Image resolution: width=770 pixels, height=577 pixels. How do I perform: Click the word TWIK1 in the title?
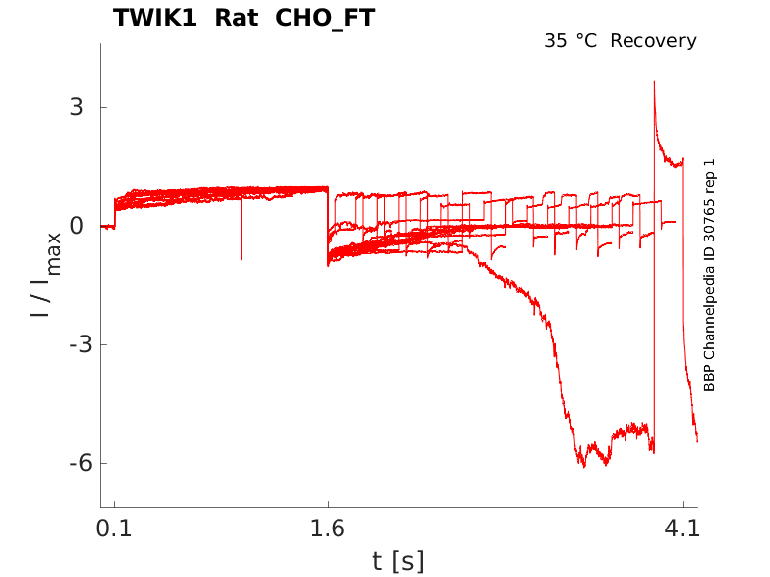[153, 18]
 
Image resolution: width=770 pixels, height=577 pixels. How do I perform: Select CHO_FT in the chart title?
[322, 18]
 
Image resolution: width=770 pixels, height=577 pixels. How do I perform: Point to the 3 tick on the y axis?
[75, 107]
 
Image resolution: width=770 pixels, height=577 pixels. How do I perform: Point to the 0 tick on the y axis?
[75, 226]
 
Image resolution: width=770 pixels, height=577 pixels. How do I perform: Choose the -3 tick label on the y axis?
[70, 344]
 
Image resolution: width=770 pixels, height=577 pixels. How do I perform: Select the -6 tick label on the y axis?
[70, 463]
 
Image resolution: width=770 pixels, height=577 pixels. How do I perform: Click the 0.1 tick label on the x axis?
[114, 529]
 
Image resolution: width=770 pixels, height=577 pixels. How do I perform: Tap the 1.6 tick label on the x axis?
[328, 529]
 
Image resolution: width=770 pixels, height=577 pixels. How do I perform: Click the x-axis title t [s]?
[398, 562]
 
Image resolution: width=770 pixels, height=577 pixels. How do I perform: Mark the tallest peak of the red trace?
[654, 82]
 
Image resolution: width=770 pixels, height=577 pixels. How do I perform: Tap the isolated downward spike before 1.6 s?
[241, 258]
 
